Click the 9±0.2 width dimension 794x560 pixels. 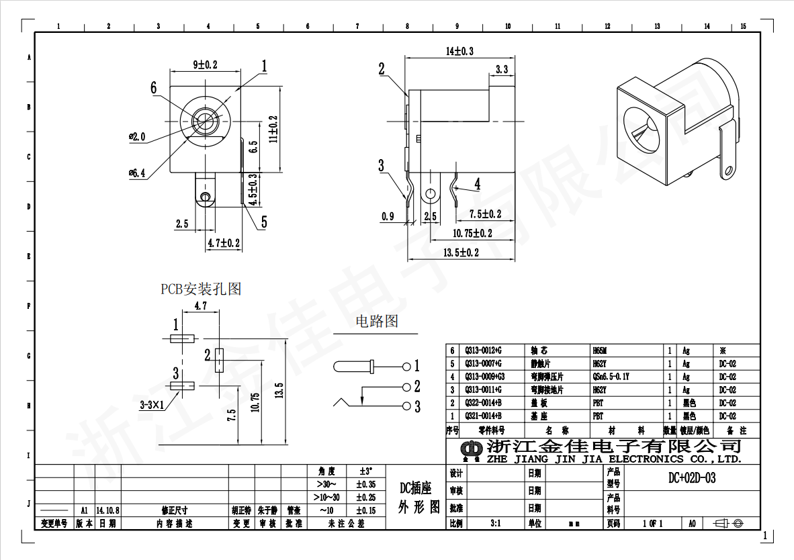[x=206, y=64]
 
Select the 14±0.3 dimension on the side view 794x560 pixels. [x=459, y=51]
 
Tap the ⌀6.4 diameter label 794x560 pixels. [x=137, y=173]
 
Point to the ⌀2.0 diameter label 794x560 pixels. [x=137, y=136]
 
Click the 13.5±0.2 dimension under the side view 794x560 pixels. [x=461, y=252]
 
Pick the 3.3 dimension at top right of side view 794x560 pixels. [x=501, y=69]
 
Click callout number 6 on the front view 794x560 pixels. [x=154, y=87]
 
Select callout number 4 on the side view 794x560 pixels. [x=478, y=183]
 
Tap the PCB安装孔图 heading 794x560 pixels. [x=200, y=289]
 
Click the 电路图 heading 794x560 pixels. [x=376, y=322]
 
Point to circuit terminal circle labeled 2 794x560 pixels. [x=406, y=387]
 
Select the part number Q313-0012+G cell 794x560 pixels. [x=483, y=351]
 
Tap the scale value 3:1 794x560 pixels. [x=496, y=523]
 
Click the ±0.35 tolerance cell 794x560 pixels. [x=365, y=484]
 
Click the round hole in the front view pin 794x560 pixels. [x=204, y=197]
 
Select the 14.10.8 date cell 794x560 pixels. [x=107, y=510]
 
